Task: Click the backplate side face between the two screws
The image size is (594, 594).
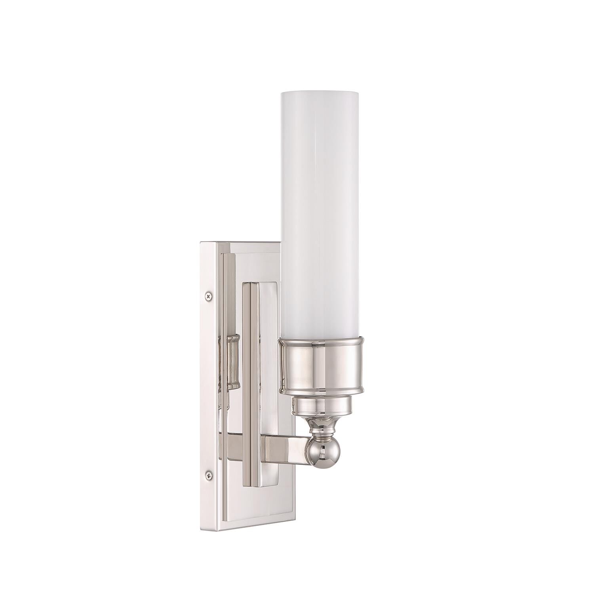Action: click(208, 384)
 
